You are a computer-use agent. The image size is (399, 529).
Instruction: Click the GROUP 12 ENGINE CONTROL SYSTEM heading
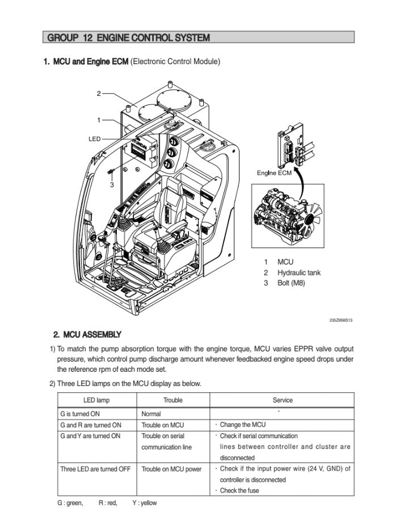coord(129,38)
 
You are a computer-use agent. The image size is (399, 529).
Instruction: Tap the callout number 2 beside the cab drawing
coord(98,93)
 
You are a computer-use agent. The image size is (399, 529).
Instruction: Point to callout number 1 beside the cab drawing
coord(98,120)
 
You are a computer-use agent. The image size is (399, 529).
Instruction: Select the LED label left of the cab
coord(94,138)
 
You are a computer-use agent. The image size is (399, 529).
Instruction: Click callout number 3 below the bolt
coord(112,184)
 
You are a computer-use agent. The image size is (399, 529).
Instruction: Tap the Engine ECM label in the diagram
coord(274,173)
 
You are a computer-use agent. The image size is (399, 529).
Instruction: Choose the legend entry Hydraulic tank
coord(299,272)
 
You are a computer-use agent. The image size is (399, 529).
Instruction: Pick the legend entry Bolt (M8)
coord(291,283)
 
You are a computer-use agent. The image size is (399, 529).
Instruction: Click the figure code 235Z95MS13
coord(341,321)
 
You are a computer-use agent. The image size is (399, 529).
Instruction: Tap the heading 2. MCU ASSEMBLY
coord(87,334)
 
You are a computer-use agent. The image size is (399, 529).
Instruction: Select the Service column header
coord(282,400)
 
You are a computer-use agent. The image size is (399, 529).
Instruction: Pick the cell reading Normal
coord(151,414)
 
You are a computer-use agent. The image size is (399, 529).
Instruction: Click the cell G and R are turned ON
coord(91,425)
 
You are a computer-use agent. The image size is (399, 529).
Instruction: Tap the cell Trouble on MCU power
coord(171,469)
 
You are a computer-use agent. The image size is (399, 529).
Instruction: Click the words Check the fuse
coord(239,490)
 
